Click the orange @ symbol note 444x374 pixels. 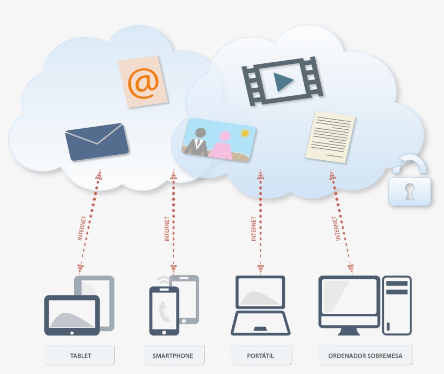pos(143,82)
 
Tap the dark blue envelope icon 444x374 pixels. pos(96,142)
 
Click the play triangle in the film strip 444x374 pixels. pos(283,82)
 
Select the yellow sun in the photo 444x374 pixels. pos(245,133)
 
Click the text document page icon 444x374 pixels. pos(330,137)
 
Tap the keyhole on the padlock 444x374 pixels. pos(409,191)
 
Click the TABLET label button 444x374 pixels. pos(80,356)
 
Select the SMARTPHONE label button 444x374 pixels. pos(172,356)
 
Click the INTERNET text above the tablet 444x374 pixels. pos(82,228)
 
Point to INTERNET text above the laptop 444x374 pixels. pos(253,228)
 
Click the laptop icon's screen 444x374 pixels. pos(260,293)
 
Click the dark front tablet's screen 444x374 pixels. pos(71,314)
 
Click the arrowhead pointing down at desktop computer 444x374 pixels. pos(350,267)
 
